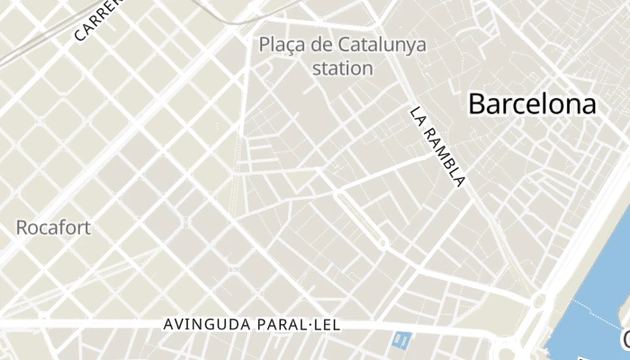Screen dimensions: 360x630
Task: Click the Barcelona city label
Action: coord(532,104)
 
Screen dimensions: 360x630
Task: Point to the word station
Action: coord(342,67)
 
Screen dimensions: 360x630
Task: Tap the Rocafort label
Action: coord(53,228)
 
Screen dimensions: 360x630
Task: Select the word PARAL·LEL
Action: coord(298,325)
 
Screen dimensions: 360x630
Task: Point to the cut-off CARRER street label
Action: coord(97,20)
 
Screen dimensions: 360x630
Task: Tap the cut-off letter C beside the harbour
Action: coord(625,339)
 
